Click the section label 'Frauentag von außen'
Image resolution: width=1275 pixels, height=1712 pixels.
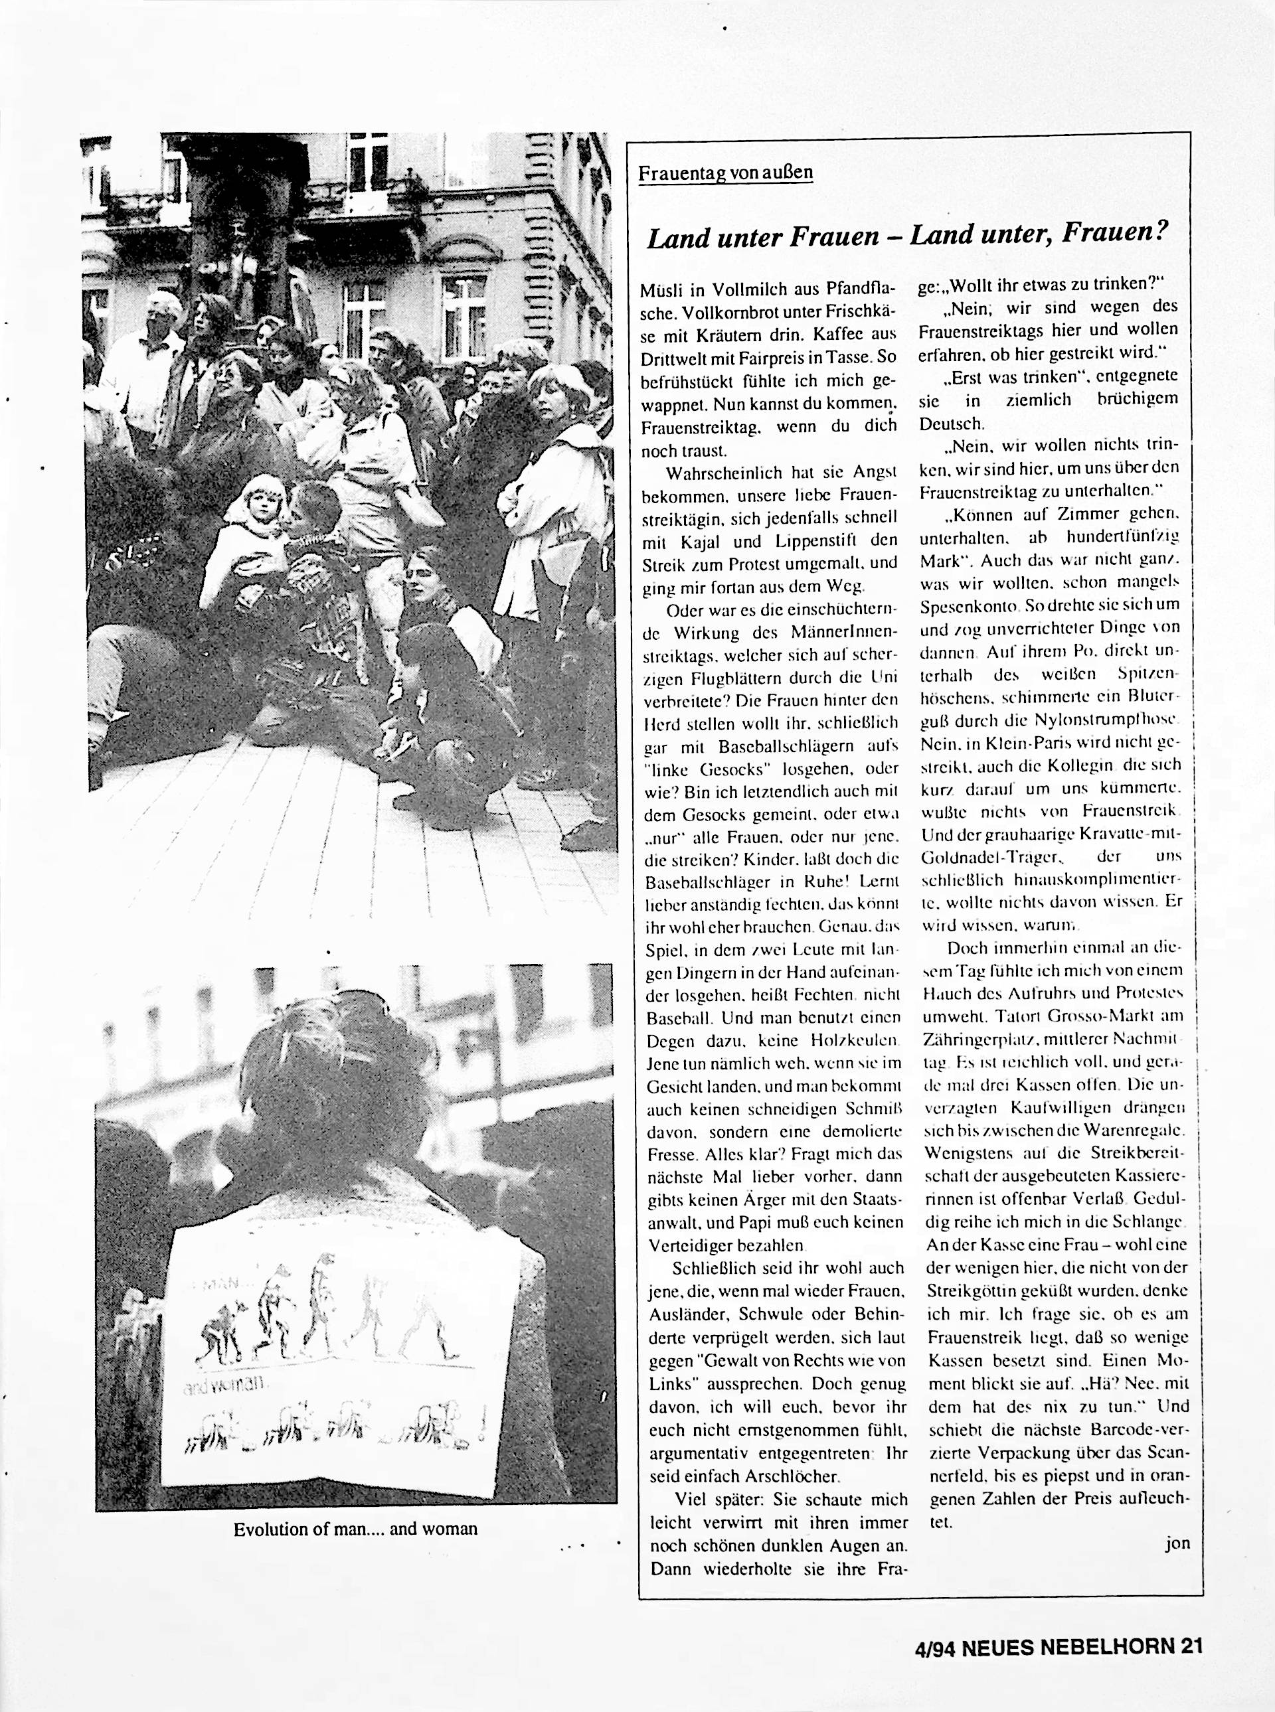[724, 172]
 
